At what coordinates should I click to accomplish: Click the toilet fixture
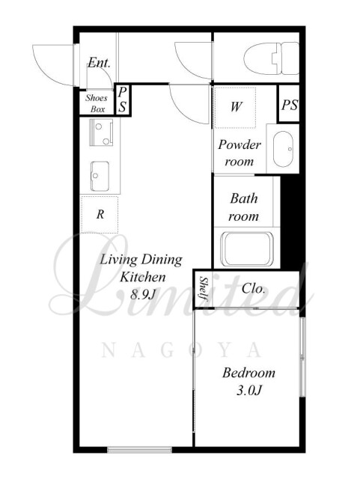click(272, 58)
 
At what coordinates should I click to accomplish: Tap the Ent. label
click(99, 63)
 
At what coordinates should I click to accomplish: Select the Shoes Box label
click(97, 103)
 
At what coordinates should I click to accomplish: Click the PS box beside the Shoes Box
click(123, 100)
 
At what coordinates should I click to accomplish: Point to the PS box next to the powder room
click(289, 103)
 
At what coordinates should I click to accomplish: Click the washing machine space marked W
click(235, 107)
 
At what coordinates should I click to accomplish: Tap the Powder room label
click(240, 153)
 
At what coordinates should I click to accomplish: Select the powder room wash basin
click(283, 149)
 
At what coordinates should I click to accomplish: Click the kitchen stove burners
click(102, 132)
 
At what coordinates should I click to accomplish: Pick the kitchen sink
click(100, 177)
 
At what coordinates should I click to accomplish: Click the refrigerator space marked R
click(100, 215)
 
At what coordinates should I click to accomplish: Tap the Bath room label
click(243, 207)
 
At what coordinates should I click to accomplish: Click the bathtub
click(247, 249)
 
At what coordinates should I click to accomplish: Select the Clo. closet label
click(253, 288)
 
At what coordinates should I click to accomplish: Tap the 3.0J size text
click(249, 390)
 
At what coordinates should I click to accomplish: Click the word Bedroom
click(248, 373)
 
